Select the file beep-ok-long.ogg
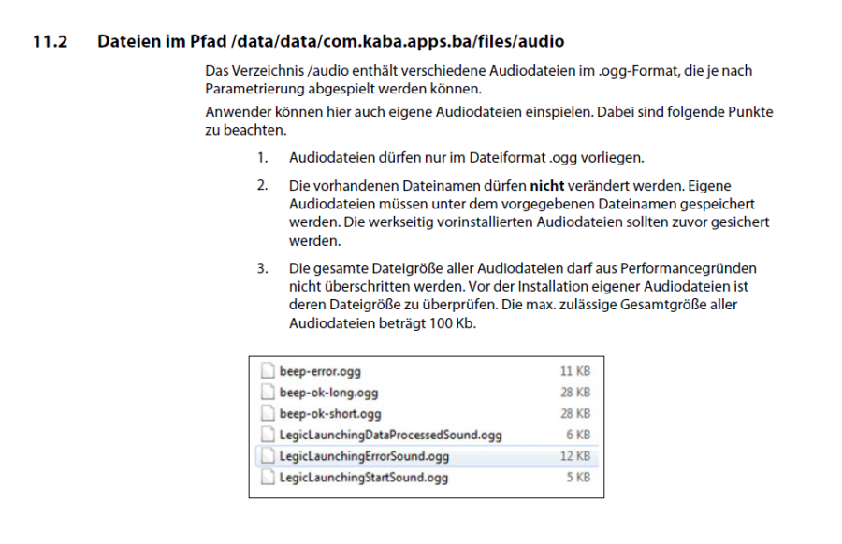tap(328, 393)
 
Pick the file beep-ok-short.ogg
tap(330, 413)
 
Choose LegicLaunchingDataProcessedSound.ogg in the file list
tap(391, 435)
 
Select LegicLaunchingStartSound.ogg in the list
tap(364, 478)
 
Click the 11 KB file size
tap(574, 371)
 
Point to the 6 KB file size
tap(577, 435)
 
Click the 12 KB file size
tap(574, 456)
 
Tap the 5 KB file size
tap(577, 478)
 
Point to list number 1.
tap(262, 157)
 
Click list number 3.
tap(262, 269)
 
